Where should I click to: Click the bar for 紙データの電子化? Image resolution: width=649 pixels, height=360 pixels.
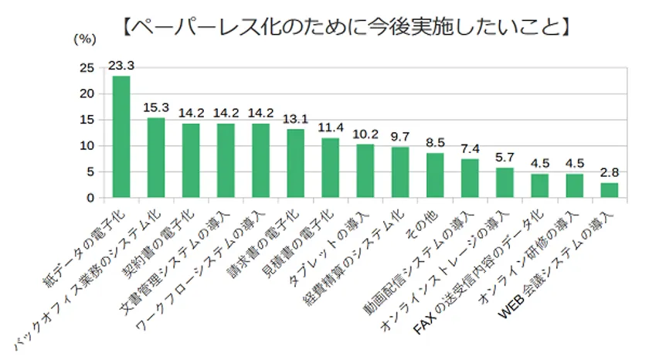point(121,137)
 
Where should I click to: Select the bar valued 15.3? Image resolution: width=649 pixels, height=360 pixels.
point(156,158)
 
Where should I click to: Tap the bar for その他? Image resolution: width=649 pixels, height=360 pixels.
point(435,175)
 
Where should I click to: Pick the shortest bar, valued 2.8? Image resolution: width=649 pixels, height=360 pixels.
point(609,190)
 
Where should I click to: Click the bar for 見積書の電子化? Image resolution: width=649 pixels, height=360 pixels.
point(331,168)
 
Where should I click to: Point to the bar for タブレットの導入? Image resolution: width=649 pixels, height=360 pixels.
point(365,171)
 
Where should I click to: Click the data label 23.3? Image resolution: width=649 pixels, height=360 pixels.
point(121,65)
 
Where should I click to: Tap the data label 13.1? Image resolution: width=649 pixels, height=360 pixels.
point(296,118)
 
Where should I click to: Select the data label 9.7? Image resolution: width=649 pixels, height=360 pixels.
point(400,136)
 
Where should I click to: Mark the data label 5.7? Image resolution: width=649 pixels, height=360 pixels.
point(505,157)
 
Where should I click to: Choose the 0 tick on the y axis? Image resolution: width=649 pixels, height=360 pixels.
point(90,198)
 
